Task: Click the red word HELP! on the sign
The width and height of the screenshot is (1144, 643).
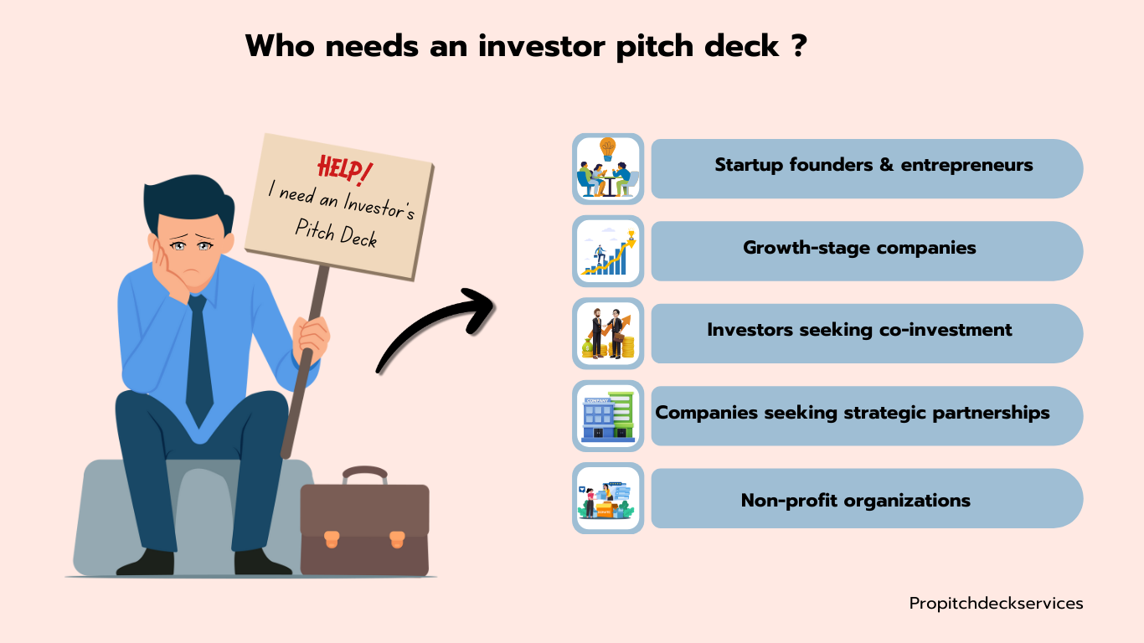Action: (x=345, y=170)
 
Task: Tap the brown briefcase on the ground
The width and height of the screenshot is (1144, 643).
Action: (x=364, y=523)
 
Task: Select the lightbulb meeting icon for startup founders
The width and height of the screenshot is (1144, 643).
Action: (x=608, y=168)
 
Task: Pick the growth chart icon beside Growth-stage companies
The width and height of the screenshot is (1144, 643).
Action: (x=608, y=251)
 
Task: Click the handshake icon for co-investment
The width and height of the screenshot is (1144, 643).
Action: (x=608, y=333)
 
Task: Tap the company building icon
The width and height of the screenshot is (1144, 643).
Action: (x=608, y=416)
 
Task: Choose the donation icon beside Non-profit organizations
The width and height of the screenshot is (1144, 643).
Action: (x=608, y=498)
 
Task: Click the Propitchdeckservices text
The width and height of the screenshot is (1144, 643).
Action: (x=996, y=604)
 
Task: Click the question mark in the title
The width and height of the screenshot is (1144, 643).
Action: (x=801, y=45)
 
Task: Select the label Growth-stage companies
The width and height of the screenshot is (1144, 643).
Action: (x=859, y=248)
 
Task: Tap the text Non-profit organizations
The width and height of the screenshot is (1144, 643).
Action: (x=855, y=501)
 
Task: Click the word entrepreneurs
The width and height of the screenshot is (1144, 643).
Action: (x=966, y=166)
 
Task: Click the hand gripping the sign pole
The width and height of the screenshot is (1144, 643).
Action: (x=311, y=338)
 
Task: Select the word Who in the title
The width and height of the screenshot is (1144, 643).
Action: (x=280, y=46)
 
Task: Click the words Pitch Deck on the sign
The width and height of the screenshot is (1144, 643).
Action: (x=336, y=234)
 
